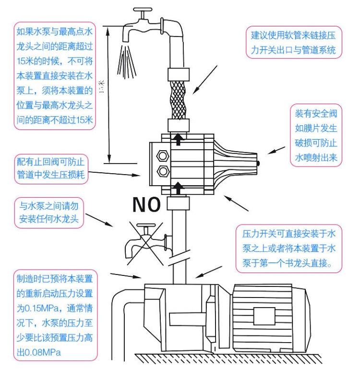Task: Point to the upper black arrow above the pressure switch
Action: click(x=179, y=139)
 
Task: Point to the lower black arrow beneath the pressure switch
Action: click(x=179, y=187)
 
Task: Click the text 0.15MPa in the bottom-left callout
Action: click(x=40, y=303)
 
